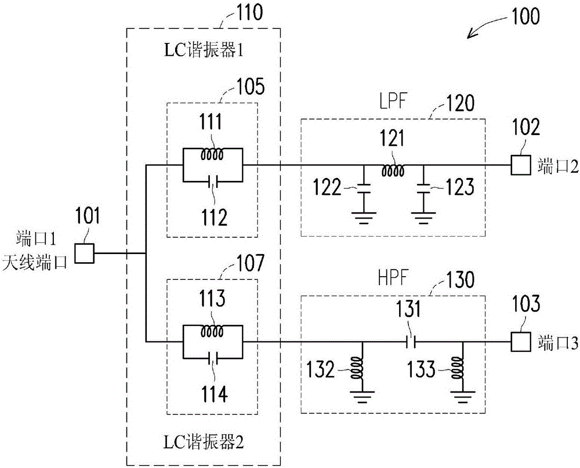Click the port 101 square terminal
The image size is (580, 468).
point(86,252)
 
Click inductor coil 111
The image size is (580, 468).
point(212,155)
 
